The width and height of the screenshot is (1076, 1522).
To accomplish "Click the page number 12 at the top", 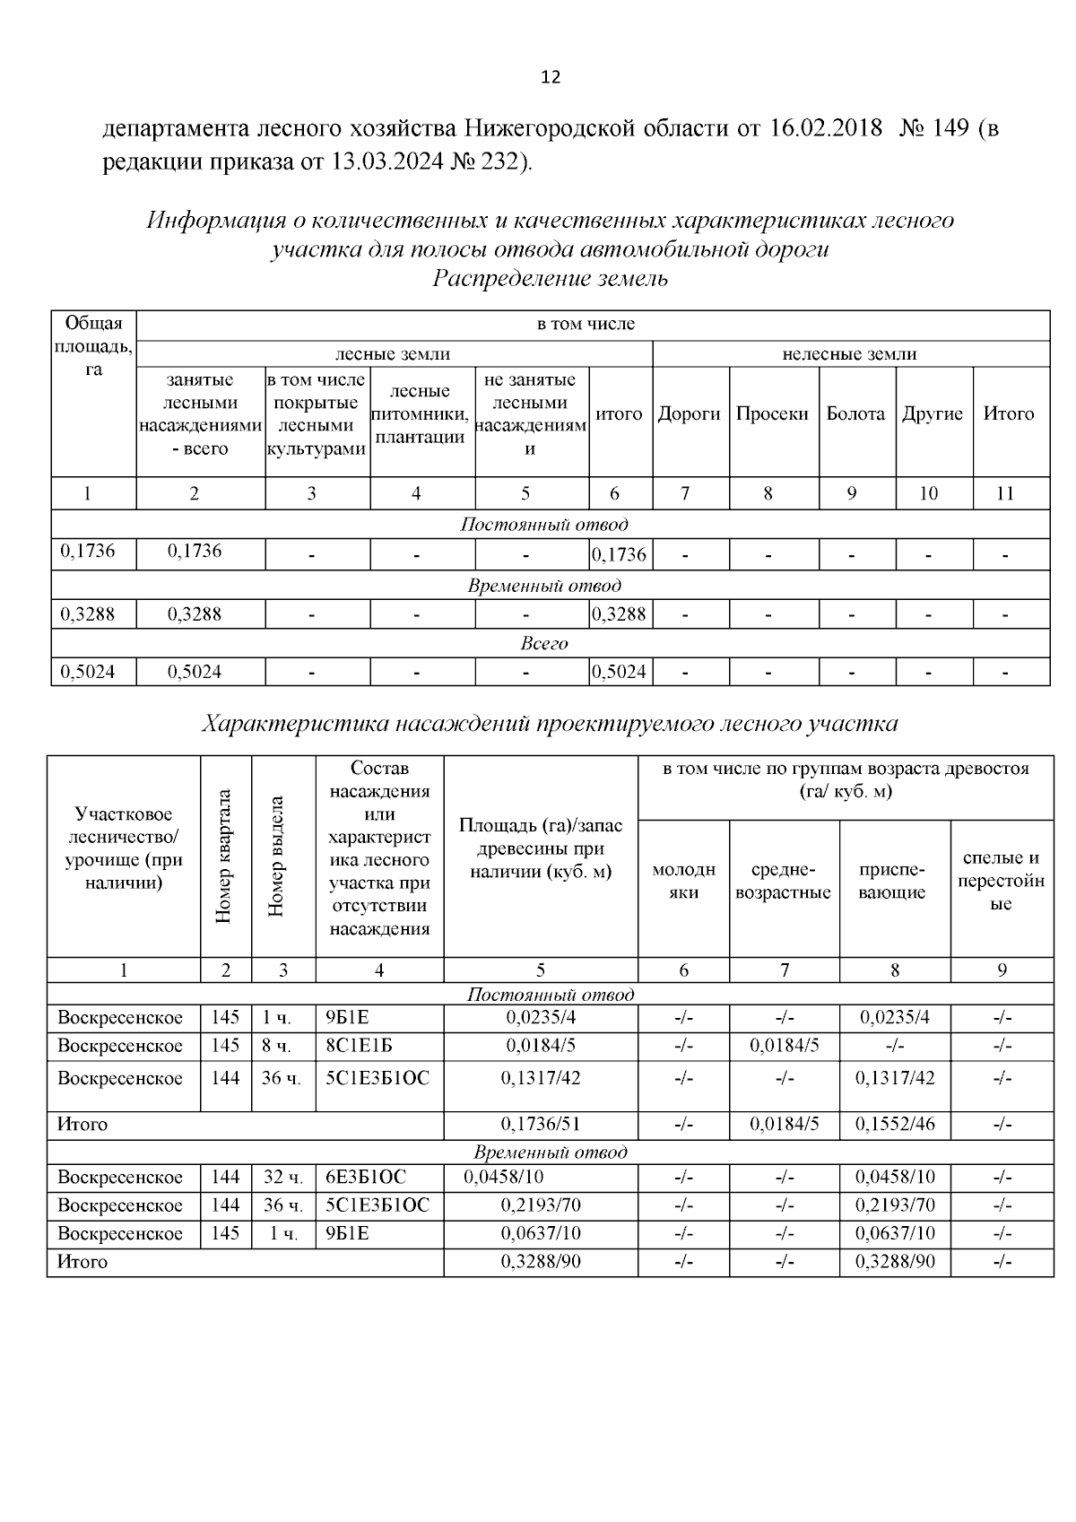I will [x=551, y=78].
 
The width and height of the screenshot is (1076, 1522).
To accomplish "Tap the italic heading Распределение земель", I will [x=551, y=279].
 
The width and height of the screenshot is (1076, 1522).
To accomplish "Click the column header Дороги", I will [x=690, y=414].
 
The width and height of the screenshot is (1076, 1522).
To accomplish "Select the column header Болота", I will [x=855, y=414].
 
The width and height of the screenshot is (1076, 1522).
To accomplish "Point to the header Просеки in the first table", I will [x=772, y=414].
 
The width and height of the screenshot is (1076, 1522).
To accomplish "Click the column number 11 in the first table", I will [x=1006, y=493].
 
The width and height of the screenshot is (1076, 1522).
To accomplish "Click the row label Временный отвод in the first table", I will [x=544, y=587].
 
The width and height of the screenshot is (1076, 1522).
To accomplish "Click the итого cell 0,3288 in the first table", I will [x=620, y=615].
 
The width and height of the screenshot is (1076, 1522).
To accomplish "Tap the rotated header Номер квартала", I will [x=225, y=857].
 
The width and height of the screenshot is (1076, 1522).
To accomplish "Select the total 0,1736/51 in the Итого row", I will [x=541, y=1125].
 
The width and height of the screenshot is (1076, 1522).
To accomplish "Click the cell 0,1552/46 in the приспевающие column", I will [x=895, y=1125].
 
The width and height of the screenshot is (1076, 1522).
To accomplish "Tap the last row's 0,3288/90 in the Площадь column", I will [x=541, y=1262].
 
